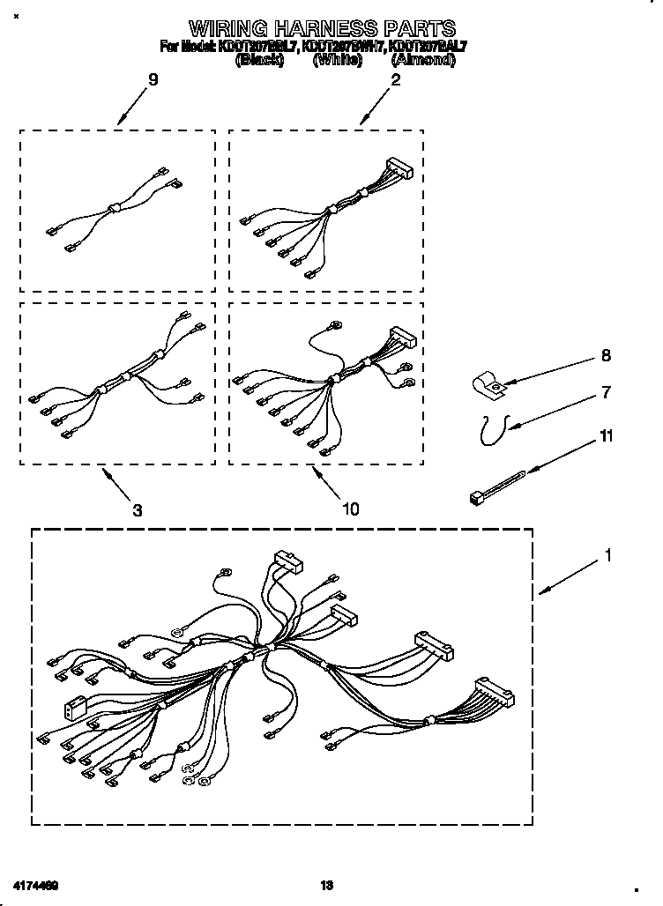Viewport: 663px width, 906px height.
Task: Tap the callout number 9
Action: tap(153, 80)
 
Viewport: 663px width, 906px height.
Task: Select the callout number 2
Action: tap(396, 80)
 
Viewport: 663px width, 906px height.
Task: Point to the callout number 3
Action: tap(138, 509)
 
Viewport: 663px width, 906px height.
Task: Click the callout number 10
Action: tap(350, 509)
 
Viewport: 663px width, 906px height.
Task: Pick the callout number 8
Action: tap(605, 356)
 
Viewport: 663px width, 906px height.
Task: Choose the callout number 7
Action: tap(605, 392)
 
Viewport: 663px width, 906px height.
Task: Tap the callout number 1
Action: tap(607, 556)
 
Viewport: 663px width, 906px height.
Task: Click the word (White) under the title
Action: tap(338, 60)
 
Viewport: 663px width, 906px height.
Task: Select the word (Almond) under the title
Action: tap(422, 60)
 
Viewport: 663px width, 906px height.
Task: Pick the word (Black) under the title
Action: tap(258, 60)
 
